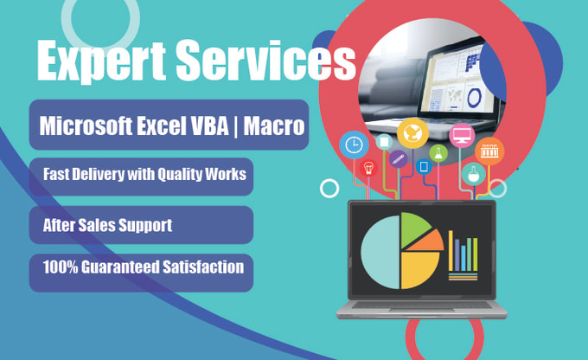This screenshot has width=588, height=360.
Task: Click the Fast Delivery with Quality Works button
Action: coord(144,175)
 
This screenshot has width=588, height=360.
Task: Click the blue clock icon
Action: coord(353,144)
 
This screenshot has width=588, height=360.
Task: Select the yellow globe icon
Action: coord(412,133)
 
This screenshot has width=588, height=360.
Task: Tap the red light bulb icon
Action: coord(368,168)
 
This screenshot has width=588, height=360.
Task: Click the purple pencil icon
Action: coord(398,159)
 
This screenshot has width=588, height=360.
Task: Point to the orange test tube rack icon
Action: coord(490,151)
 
